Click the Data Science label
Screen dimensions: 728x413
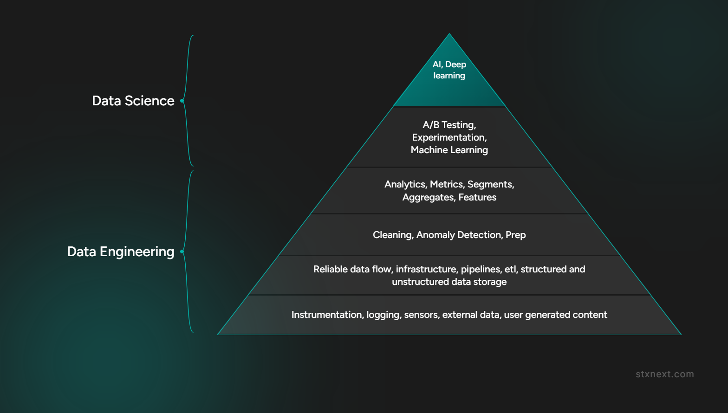click(133, 101)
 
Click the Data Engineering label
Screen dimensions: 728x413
click(121, 252)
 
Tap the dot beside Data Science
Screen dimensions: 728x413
click(182, 101)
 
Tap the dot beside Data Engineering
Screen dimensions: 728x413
click(182, 252)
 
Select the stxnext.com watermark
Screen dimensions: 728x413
click(665, 374)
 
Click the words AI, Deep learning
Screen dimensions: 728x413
click(449, 70)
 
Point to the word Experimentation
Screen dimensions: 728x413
click(448, 137)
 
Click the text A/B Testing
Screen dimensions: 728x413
click(448, 125)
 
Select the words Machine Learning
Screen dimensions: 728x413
click(449, 150)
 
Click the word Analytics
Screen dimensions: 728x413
click(405, 185)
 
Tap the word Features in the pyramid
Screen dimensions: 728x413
click(477, 197)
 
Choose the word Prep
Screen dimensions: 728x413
click(515, 235)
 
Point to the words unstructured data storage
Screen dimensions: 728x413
click(449, 282)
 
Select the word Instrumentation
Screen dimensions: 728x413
click(326, 315)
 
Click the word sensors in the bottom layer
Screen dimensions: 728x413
click(421, 315)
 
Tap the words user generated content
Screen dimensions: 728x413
click(555, 315)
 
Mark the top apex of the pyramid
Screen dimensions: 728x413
click(449, 33)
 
